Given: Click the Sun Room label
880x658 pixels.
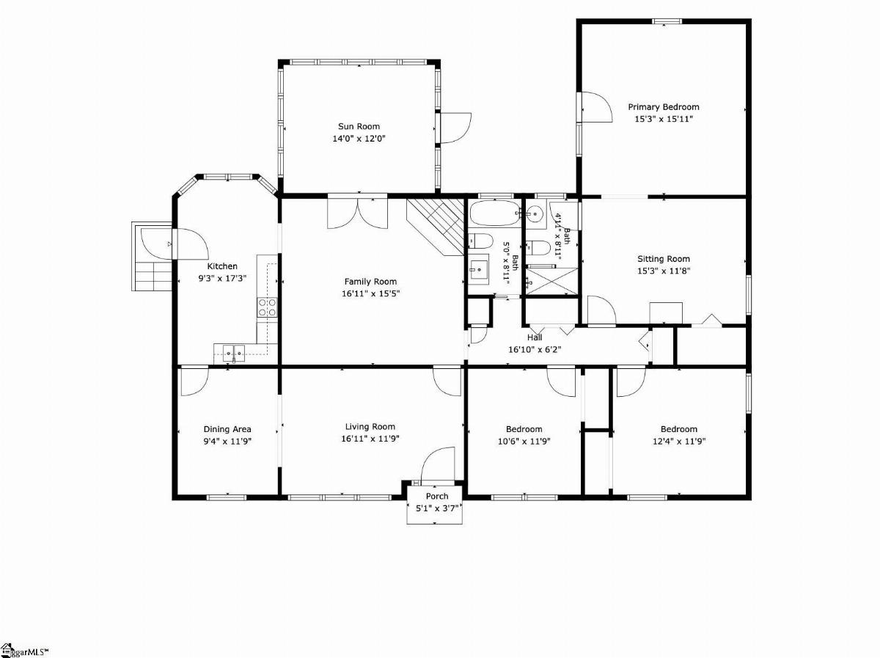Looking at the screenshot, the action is [359, 126].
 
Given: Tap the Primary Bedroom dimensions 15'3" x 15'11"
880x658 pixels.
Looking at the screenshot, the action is [664, 119].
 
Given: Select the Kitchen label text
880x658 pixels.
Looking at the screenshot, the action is [222, 266].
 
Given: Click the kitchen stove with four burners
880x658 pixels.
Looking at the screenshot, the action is [267, 307].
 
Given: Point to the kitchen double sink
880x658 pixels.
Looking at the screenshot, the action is [234, 354].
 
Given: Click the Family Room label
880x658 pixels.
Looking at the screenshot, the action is [370, 282].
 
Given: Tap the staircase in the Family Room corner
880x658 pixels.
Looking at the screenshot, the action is [436, 226].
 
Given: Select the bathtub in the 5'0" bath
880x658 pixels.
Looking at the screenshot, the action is [495, 213].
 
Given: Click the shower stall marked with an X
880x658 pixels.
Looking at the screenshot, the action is [551, 282].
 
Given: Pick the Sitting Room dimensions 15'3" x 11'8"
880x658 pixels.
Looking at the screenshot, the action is [664, 271].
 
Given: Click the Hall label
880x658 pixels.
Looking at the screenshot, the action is [535, 337].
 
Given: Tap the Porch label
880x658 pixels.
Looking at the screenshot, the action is [437, 496].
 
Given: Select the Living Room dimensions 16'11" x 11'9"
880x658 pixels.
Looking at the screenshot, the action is [370, 439].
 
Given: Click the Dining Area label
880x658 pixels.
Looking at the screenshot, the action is [227, 429].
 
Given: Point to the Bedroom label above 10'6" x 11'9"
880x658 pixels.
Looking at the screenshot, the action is [524, 429].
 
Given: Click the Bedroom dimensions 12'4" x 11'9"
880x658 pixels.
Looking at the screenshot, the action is [679, 441].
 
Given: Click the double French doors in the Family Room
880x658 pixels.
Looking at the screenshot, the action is [358, 213].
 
